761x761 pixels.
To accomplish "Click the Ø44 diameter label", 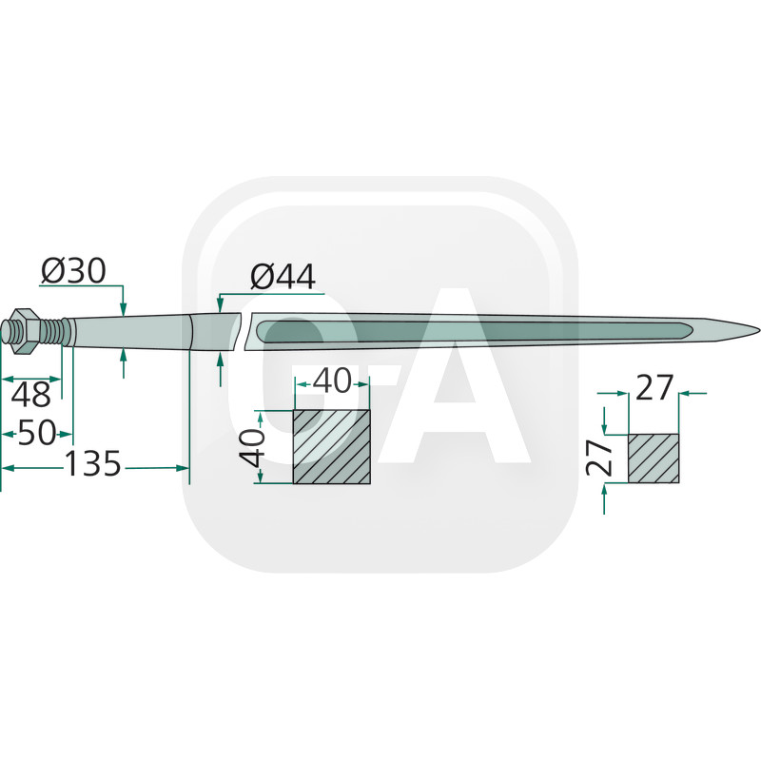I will click(282, 277).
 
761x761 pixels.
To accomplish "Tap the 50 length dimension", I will click(36, 435).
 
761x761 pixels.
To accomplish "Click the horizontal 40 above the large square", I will click(331, 381).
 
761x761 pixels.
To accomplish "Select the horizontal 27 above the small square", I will click(654, 389).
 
